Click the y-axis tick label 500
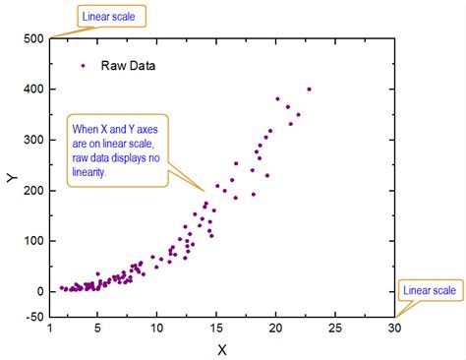click(33, 38)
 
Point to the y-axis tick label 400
click(33, 90)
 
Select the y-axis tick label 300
click(33, 140)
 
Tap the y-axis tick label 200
click(33, 190)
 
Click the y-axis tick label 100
click(33, 240)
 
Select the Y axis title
click(10, 178)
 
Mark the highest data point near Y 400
click(309, 90)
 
